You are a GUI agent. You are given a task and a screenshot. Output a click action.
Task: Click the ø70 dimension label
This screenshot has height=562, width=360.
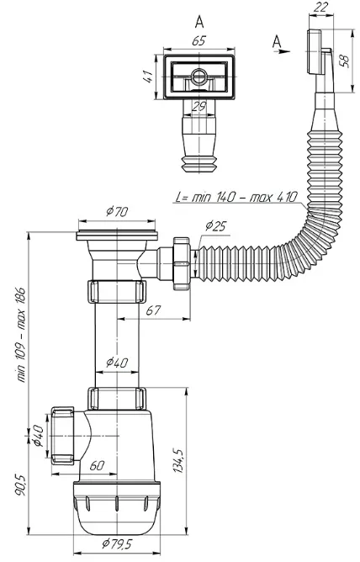click(117, 212)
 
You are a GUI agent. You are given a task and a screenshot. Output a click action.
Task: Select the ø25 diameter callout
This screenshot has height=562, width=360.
click(216, 226)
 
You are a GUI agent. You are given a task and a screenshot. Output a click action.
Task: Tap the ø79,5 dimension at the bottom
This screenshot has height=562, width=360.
click(117, 544)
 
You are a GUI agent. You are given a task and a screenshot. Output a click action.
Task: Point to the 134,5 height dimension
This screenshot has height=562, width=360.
click(179, 460)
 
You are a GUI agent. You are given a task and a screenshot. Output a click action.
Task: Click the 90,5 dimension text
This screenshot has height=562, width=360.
click(19, 485)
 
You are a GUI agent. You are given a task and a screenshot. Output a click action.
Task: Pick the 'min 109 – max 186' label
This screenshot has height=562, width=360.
click(21, 335)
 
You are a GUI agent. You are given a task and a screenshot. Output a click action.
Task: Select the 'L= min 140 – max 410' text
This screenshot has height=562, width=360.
click(237, 197)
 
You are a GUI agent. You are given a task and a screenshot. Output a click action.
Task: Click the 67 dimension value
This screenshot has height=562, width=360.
click(153, 310)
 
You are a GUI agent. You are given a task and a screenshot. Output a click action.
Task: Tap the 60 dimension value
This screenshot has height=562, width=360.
click(97, 465)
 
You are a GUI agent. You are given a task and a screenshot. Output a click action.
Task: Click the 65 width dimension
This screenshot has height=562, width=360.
click(199, 41)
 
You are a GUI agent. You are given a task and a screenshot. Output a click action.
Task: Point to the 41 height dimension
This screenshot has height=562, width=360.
click(148, 77)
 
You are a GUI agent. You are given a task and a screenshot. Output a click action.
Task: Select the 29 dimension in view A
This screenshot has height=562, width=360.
click(199, 106)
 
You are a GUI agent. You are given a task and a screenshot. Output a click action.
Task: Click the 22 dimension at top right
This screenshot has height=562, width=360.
click(320, 8)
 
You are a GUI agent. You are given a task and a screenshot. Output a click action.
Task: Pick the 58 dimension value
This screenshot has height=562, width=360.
click(344, 61)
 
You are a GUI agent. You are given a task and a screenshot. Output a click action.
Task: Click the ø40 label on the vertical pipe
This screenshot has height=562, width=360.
click(117, 363)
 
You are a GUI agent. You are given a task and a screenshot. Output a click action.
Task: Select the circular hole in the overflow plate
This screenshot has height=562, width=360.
click(199, 77)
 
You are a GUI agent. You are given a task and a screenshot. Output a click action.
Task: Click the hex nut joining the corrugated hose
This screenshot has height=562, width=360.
click(181, 263)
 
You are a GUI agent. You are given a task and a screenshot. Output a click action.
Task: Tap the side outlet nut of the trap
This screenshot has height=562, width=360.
click(62, 436)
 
